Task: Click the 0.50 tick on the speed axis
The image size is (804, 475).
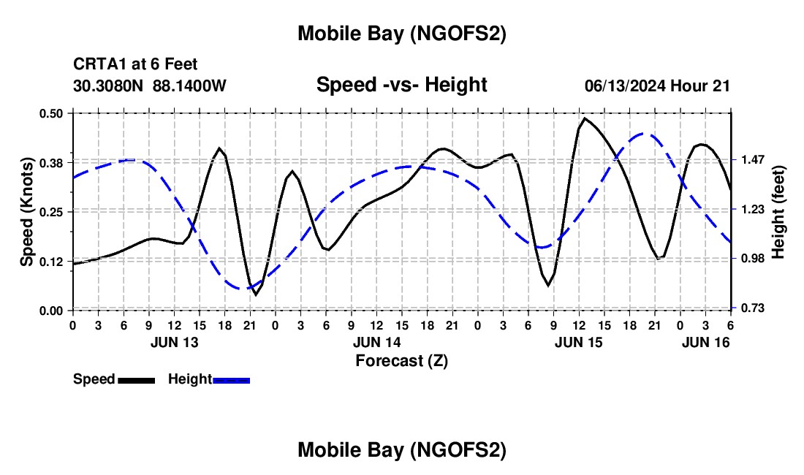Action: pyautogui.click(x=55, y=113)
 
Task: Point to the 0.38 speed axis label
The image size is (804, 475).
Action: pyautogui.click(x=55, y=162)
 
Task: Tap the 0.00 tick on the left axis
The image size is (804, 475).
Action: pyautogui.click(x=55, y=311)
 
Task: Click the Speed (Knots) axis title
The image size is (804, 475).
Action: pyautogui.click(x=27, y=212)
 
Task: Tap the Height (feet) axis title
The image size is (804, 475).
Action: pyautogui.click(x=778, y=212)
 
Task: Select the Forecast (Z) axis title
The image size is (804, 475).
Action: pyautogui.click(x=401, y=360)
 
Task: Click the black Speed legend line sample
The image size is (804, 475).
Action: pyautogui.click(x=136, y=379)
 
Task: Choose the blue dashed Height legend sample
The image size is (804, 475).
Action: pyautogui.click(x=231, y=379)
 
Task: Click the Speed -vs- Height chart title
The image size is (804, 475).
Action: pyautogui.click(x=401, y=85)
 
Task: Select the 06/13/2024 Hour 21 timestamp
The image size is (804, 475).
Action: pyautogui.click(x=657, y=86)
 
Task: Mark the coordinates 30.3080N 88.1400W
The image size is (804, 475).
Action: pyautogui.click(x=150, y=86)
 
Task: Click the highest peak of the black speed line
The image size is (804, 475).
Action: pyautogui.click(x=585, y=118)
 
